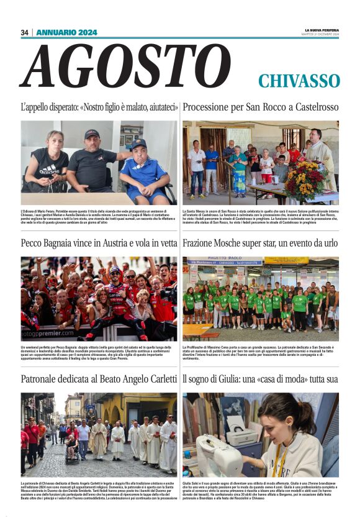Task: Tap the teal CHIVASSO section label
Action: (x=299, y=81)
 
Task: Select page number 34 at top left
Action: (x=25, y=32)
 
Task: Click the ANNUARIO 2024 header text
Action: (x=66, y=32)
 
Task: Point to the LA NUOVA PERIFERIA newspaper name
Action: (x=322, y=30)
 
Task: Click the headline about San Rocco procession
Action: (x=261, y=107)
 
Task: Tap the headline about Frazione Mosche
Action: (x=261, y=243)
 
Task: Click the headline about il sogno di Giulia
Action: (x=261, y=378)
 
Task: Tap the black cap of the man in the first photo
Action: (x=92, y=134)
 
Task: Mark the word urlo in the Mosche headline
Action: (x=328, y=243)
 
